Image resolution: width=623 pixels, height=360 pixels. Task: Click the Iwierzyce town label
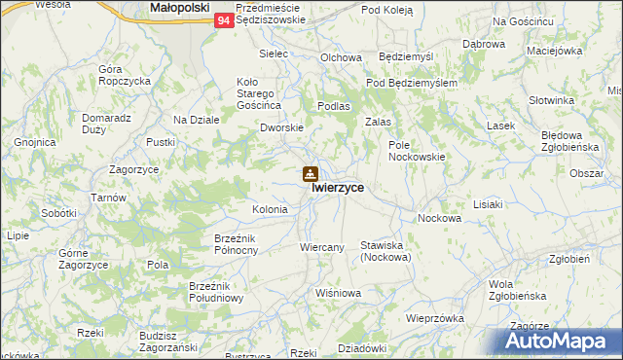coord(338,190)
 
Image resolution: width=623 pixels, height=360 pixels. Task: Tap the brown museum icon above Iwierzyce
coord(310,174)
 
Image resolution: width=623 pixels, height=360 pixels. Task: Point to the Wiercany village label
coord(322,247)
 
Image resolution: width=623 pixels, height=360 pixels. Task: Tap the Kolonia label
coord(270,209)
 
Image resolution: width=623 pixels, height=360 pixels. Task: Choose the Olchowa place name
coord(341,57)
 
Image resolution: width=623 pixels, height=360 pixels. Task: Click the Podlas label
coord(334,105)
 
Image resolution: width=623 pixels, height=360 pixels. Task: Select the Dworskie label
coord(282,127)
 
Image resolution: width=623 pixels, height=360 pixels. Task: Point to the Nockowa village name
coord(438,219)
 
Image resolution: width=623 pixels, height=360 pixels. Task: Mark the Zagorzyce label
coord(134,168)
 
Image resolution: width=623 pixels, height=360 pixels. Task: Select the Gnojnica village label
coord(34,142)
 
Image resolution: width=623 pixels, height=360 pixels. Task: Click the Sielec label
coord(275,54)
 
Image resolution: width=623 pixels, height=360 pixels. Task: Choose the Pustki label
coord(160,142)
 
